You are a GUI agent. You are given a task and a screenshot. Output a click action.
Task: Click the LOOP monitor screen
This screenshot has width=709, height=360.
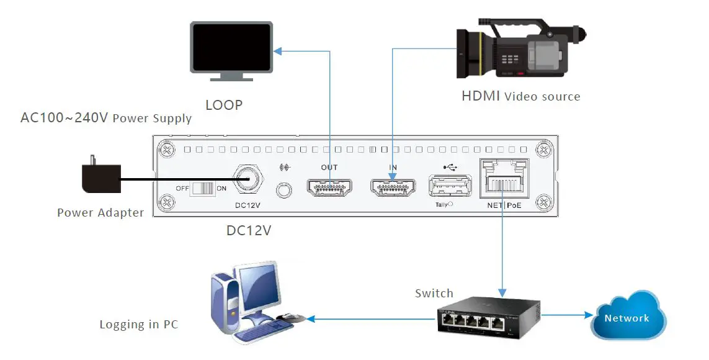[x=231, y=47]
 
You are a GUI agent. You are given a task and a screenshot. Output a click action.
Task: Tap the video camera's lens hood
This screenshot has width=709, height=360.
[x=470, y=52]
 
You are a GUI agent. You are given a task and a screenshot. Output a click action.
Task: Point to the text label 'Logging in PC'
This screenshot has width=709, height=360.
[x=138, y=325]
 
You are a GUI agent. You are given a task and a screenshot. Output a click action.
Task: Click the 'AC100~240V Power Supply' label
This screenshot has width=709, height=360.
[x=106, y=118]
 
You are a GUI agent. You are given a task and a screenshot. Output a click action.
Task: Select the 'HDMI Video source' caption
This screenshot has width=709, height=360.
[x=520, y=96]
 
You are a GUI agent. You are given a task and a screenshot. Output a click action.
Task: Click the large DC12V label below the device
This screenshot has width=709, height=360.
[x=249, y=230]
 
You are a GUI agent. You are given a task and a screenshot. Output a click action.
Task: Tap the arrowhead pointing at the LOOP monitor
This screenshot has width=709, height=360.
[x=278, y=51]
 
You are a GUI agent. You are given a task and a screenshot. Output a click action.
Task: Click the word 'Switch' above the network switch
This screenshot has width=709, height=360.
[x=434, y=293]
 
